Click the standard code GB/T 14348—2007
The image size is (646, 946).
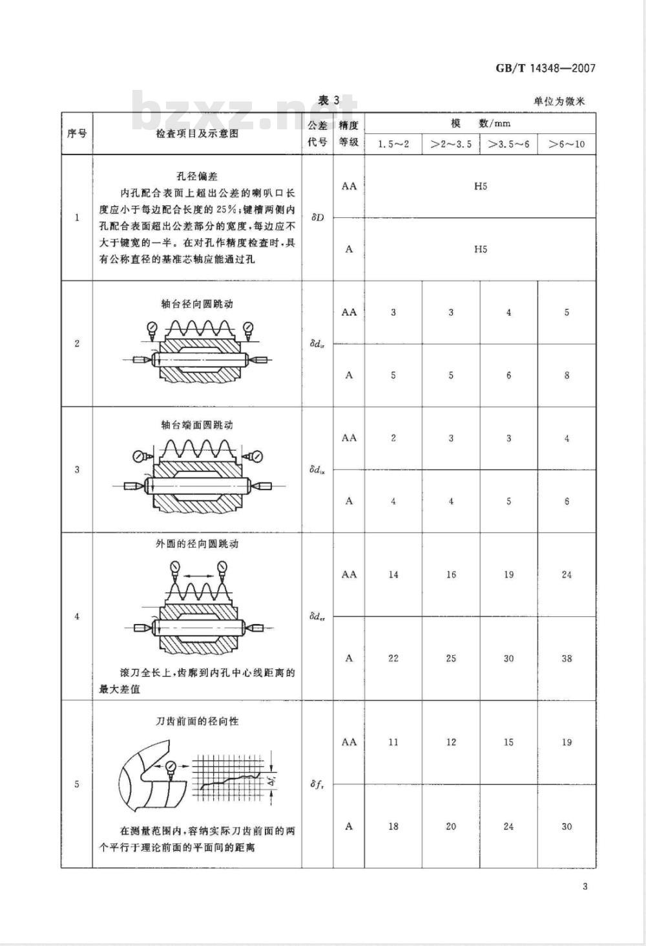[x=545, y=69]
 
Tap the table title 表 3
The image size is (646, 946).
[x=328, y=100]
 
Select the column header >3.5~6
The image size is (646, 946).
[x=508, y=144]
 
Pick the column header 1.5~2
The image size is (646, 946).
[x=393, y=144]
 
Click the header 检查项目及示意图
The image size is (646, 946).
[x=197, y=133]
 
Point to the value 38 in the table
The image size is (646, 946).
[x=567, y=658]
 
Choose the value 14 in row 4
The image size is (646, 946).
[x=393, y=574]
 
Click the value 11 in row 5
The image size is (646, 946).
[x=393, y=742]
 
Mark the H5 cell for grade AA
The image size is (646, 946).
[x=480, y=186]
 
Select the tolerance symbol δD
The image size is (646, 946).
[x=317, y=217]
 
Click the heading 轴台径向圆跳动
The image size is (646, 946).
[x=197, y=304]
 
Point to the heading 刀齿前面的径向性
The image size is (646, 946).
[x=197, y=722]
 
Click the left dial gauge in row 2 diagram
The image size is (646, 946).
[x=151, y=327]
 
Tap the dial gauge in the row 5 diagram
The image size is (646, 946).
[x=171, y=766]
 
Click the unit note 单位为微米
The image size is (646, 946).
[x=559, y=102]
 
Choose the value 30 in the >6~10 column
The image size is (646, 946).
[x=567, y=826]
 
